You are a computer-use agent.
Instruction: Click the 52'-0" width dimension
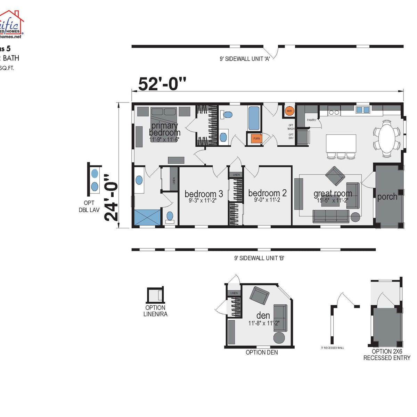click(162, 84)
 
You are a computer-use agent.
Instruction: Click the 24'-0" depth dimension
click(112, 198)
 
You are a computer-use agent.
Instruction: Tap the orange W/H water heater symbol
click(289, 111)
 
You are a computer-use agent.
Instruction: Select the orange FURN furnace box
click(256, 138)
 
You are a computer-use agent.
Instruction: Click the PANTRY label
click(311, 120)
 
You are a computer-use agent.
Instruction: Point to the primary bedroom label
click(165, 129)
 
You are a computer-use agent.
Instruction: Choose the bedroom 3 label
click(204, 194)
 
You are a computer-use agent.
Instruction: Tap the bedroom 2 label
click(267, 193)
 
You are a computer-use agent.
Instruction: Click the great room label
click(333, 194)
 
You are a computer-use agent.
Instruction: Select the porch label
click(387, 197)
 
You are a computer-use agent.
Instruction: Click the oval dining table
click(386, 138)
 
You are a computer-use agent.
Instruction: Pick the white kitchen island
click(341, 143)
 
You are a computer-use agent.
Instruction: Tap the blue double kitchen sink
click(362, 110)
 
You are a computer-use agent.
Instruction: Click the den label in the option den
click(263, 316)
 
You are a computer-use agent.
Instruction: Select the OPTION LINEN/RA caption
click(155, 311)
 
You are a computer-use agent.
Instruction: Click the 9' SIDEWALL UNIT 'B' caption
click(259, 258)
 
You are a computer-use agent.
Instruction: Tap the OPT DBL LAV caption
click(89, 206)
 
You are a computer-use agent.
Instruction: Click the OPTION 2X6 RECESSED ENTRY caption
click(387, 354)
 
